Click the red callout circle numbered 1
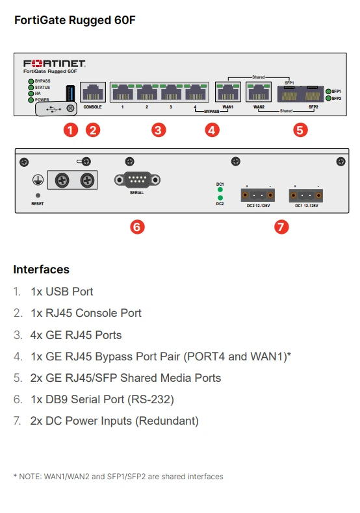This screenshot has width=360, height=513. coord(71,130)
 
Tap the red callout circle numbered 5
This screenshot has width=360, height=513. coord(300,130)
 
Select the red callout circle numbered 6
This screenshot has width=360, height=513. coord(137,227)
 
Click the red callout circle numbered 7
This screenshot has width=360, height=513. coord(281,227)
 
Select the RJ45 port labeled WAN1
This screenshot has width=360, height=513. coord(227,92)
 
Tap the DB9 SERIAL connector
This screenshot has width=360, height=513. coord(136,180)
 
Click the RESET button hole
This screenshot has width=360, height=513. coord(38,195)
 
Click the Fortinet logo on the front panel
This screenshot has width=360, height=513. coord(55,64)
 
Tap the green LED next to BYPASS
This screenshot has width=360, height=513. coord(30,81)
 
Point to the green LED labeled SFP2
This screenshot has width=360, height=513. coord(328,99)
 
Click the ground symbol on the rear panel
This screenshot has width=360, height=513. coord(38,180)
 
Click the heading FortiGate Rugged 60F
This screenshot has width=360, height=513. coord(74,20)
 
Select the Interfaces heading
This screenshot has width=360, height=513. coord(41,269)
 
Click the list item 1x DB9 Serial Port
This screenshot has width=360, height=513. coord(102,399)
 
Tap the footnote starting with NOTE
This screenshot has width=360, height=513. coord(118,477)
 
